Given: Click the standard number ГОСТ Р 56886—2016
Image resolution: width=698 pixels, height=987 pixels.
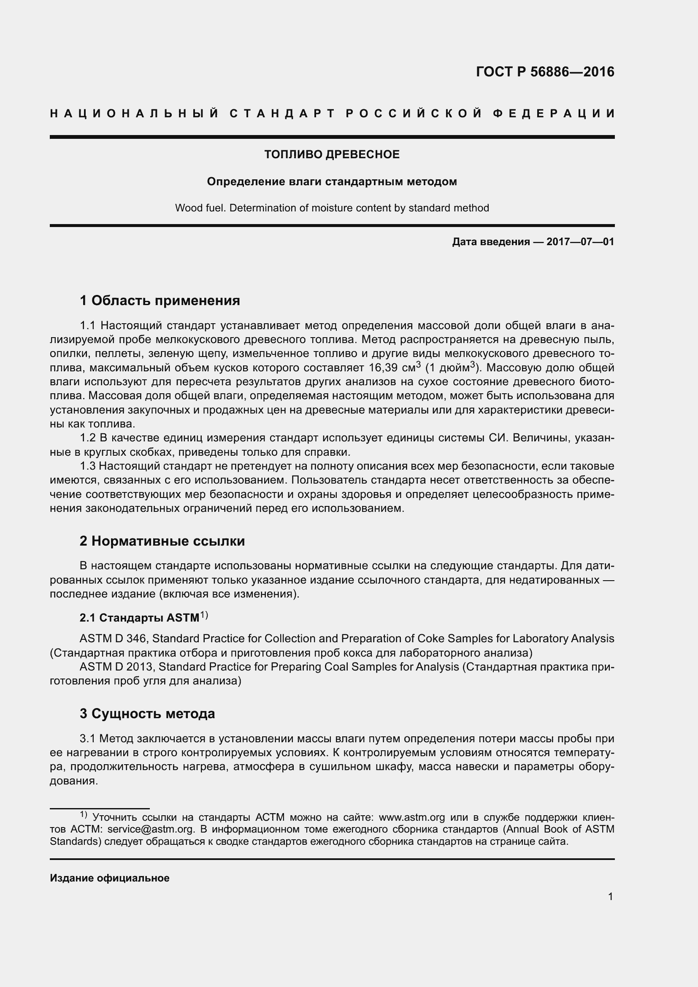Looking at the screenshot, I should pos(545,72).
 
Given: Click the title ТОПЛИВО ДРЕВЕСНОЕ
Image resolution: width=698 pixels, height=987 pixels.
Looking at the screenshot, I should pos(332,154).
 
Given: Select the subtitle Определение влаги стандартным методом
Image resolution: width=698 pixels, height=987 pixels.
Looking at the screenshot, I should pos(332,181).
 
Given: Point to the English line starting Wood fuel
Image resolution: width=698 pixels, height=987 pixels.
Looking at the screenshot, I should pos(332,208).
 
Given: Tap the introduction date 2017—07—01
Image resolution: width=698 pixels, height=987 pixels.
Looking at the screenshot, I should pos(580,242).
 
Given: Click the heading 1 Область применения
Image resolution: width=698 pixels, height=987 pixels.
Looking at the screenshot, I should pos(160,300).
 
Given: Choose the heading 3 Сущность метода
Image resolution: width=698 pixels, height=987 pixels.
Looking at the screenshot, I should pos(147,714).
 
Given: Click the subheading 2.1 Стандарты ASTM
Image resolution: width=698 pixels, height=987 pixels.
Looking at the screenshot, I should pos(139,618).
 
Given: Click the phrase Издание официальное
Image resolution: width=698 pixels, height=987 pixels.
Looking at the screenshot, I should pos(110,878).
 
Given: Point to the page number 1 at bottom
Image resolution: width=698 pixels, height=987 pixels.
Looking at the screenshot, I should pos(610,896).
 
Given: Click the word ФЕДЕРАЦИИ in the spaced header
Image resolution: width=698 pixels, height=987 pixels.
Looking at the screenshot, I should pos(554,114).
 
